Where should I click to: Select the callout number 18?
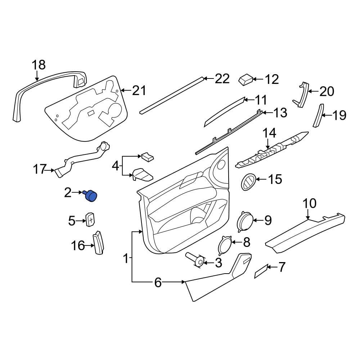[x=39, y=65]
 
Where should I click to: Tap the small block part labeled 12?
[x=246, y=79]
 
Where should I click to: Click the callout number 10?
[x=309, y=204]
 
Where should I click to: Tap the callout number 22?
[x=222, y=78]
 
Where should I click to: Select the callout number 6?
[x=158, y=283]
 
